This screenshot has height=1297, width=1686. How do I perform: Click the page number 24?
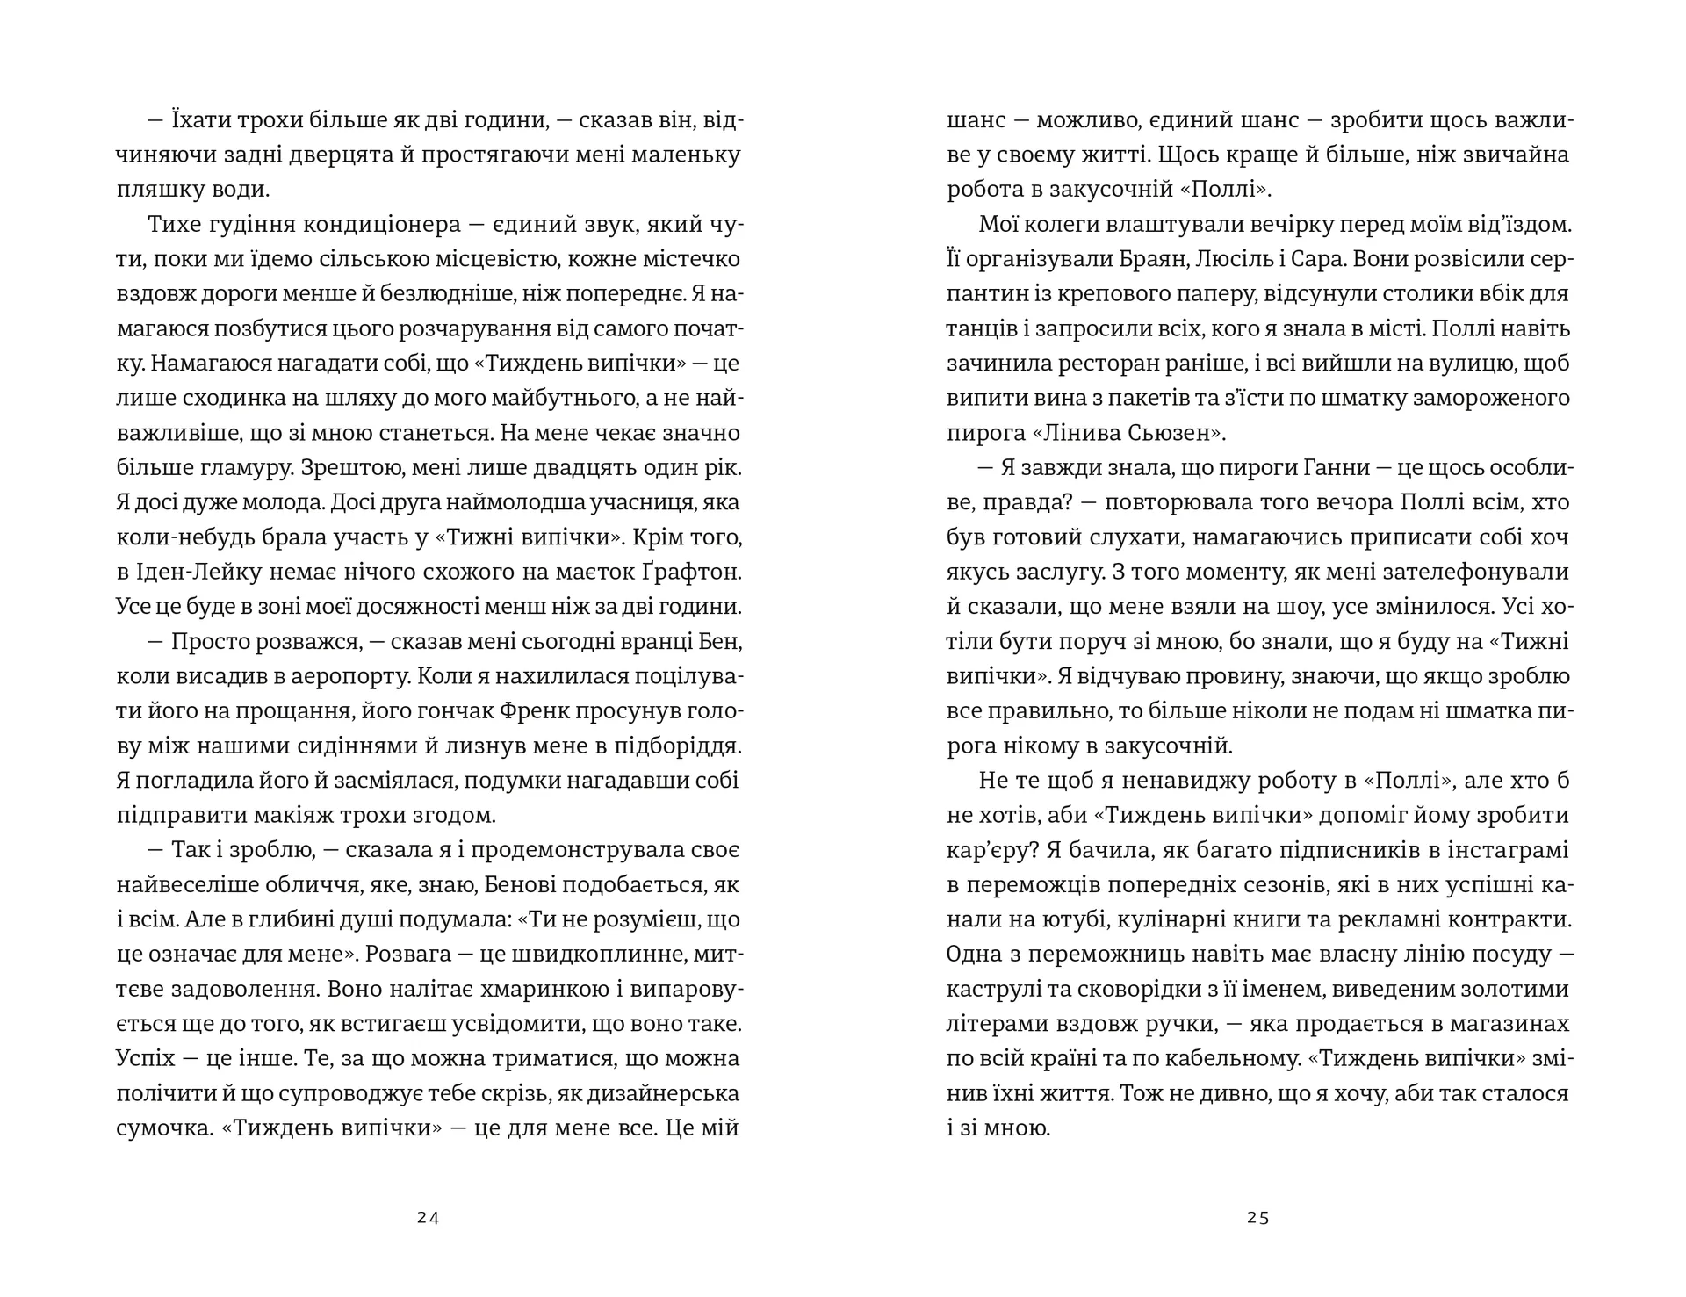pos(428,1218)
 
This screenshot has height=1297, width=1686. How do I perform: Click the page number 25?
pos(1257,1218)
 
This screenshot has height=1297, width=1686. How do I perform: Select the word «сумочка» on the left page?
pos(165,1128)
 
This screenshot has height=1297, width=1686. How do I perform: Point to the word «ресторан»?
pos(1128,364)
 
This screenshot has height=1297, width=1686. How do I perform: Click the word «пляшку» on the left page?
pos(155,190)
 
